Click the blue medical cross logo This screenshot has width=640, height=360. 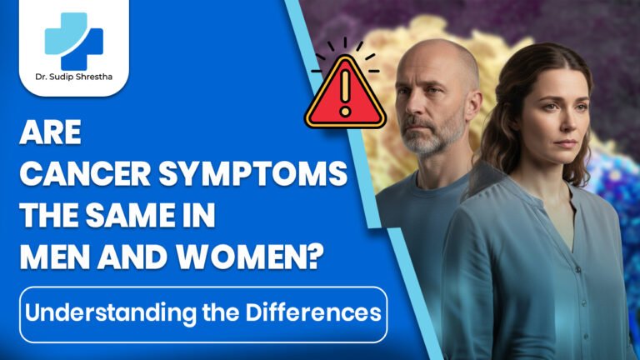(73, 42)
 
